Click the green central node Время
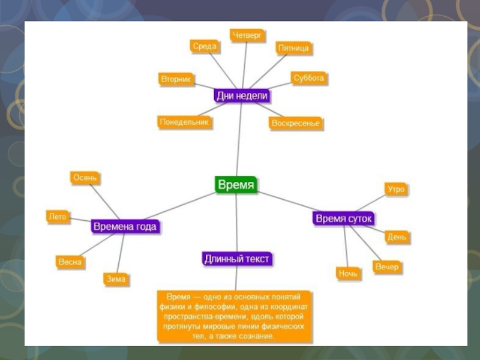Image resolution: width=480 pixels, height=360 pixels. pos(236,185)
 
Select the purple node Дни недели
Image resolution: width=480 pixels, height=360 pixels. pos(242,96)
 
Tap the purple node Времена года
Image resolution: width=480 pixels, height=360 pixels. pos(125,227)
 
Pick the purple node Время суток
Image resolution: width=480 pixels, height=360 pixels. pos(344,218)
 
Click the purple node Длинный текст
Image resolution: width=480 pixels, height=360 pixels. pos(237,259)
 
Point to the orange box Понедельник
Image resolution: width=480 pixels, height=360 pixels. pos(185,122)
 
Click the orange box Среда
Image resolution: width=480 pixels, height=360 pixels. pos(205,46)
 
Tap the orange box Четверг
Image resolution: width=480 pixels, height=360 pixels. pos(248,35)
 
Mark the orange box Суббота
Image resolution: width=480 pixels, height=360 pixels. pos(309,78)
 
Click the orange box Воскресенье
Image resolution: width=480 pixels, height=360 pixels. pos(295,123)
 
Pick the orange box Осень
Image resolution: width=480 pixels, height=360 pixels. pos(85,178)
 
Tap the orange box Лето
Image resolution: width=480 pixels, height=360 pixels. pos(58,217)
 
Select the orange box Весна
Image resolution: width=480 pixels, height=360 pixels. pos(70,262)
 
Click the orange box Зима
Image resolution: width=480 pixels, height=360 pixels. pos(116,279)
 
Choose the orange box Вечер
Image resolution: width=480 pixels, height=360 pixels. pos(386,267)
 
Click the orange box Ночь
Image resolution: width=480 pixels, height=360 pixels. pos(348,274)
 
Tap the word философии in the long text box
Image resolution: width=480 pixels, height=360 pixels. pos(207,305)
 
